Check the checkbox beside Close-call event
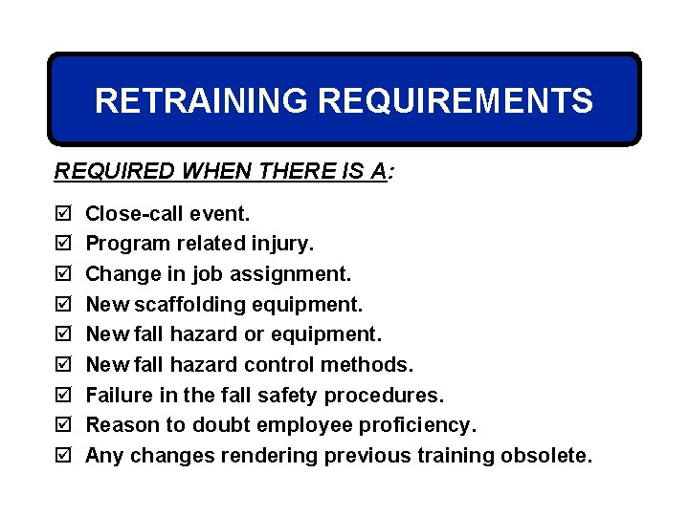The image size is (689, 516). [x=63, y=214]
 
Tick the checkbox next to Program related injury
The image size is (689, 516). [x=63, y=245]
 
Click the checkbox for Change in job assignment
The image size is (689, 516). [x=63, y=274]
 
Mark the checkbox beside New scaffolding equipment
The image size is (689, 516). [x=63, y=305]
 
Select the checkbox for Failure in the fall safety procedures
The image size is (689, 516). [x=63, y=396]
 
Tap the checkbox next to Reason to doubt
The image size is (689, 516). [x=63, y=425]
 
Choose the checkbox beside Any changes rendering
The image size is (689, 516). [x=63, y=456]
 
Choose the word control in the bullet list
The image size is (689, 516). [x=278, y=365]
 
